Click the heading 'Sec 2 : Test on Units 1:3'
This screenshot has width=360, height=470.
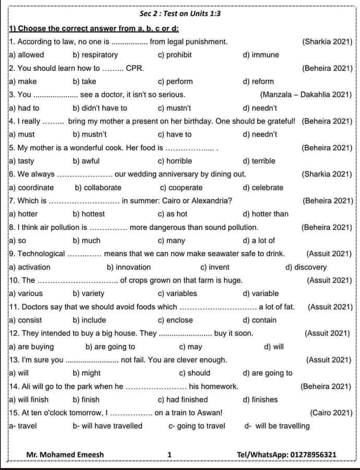pyautogui.click(x=180, y=14)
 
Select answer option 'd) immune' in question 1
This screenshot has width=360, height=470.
pyautogui.click(x=261, y=55)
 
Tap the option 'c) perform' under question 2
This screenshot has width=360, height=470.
pyautogui.click(x=175, y=81)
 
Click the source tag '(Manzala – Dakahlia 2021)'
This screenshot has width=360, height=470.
pyautogui.click(x=305, y=95)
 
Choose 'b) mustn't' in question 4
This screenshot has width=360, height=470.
pyautogui.click(x=90, y=134)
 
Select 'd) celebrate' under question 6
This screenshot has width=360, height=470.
pyautogui.click(x=263, y=187)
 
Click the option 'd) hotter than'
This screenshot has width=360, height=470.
pyautogui.click(x=266, y=214)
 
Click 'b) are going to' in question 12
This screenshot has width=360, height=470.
pyautogui.click(x=110, y=346)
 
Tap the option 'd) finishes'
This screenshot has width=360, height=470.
pyautogui.click(x=260, y=399)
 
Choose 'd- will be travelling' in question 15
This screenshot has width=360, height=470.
pyautogui.click(x=277, y=426)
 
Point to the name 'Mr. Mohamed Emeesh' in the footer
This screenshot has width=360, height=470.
pyautogui.click(x=65, y=454)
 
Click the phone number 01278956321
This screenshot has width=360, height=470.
pyautogui.click(x=313, y=454)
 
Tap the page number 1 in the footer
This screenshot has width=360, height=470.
pyautogui.click(x=170, y=454)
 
